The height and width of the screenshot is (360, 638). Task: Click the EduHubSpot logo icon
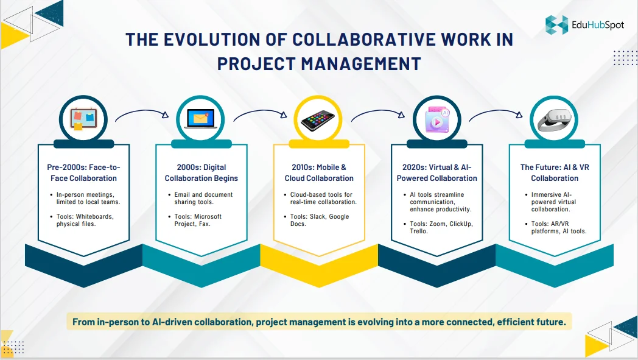556,24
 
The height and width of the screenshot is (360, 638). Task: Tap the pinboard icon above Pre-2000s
83,119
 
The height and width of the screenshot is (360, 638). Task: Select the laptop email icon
201,119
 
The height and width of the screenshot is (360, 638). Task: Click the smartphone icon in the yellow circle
318,120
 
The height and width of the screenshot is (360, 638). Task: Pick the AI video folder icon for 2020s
436,120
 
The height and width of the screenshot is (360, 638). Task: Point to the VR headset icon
554,121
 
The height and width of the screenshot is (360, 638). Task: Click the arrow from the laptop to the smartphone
260,113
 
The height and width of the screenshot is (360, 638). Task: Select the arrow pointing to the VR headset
496,113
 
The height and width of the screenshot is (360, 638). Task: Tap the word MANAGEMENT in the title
361,64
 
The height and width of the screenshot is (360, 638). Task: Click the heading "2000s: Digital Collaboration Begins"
201,172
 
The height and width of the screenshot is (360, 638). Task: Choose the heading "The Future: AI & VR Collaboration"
555,172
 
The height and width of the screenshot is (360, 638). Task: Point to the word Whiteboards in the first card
95,217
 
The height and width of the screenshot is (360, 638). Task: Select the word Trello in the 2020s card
419,231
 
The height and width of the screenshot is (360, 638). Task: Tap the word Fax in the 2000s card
204,224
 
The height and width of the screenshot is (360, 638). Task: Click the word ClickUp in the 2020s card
461,224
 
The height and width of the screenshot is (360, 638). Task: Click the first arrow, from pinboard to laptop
142,113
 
